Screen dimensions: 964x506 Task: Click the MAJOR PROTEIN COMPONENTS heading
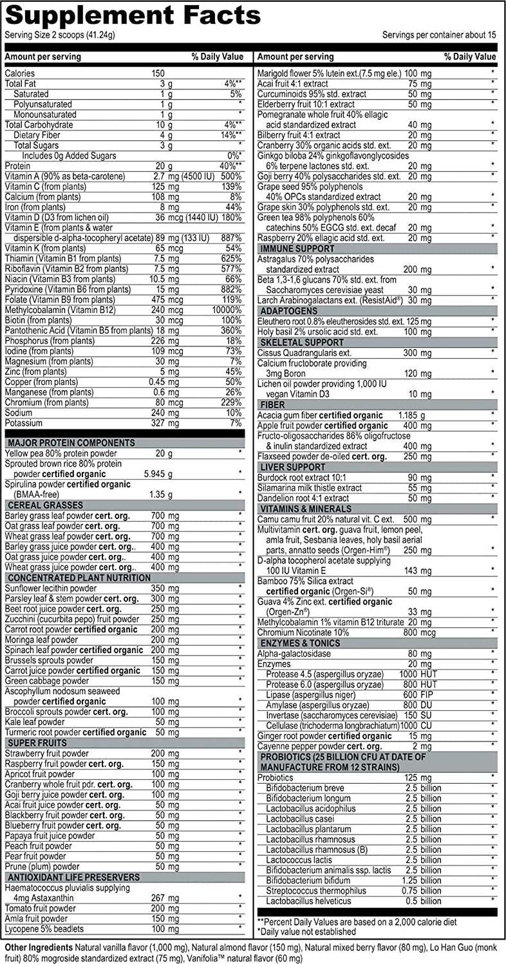[x=70, y=443]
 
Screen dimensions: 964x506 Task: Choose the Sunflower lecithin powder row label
[x=51, y=588]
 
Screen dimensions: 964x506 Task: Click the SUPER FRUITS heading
[x=32, y=743]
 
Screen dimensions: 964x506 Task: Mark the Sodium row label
[x=19, y=413]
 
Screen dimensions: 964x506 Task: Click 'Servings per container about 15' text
[x=439, y=34]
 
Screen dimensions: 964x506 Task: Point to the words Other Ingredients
[x=39, y=947]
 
